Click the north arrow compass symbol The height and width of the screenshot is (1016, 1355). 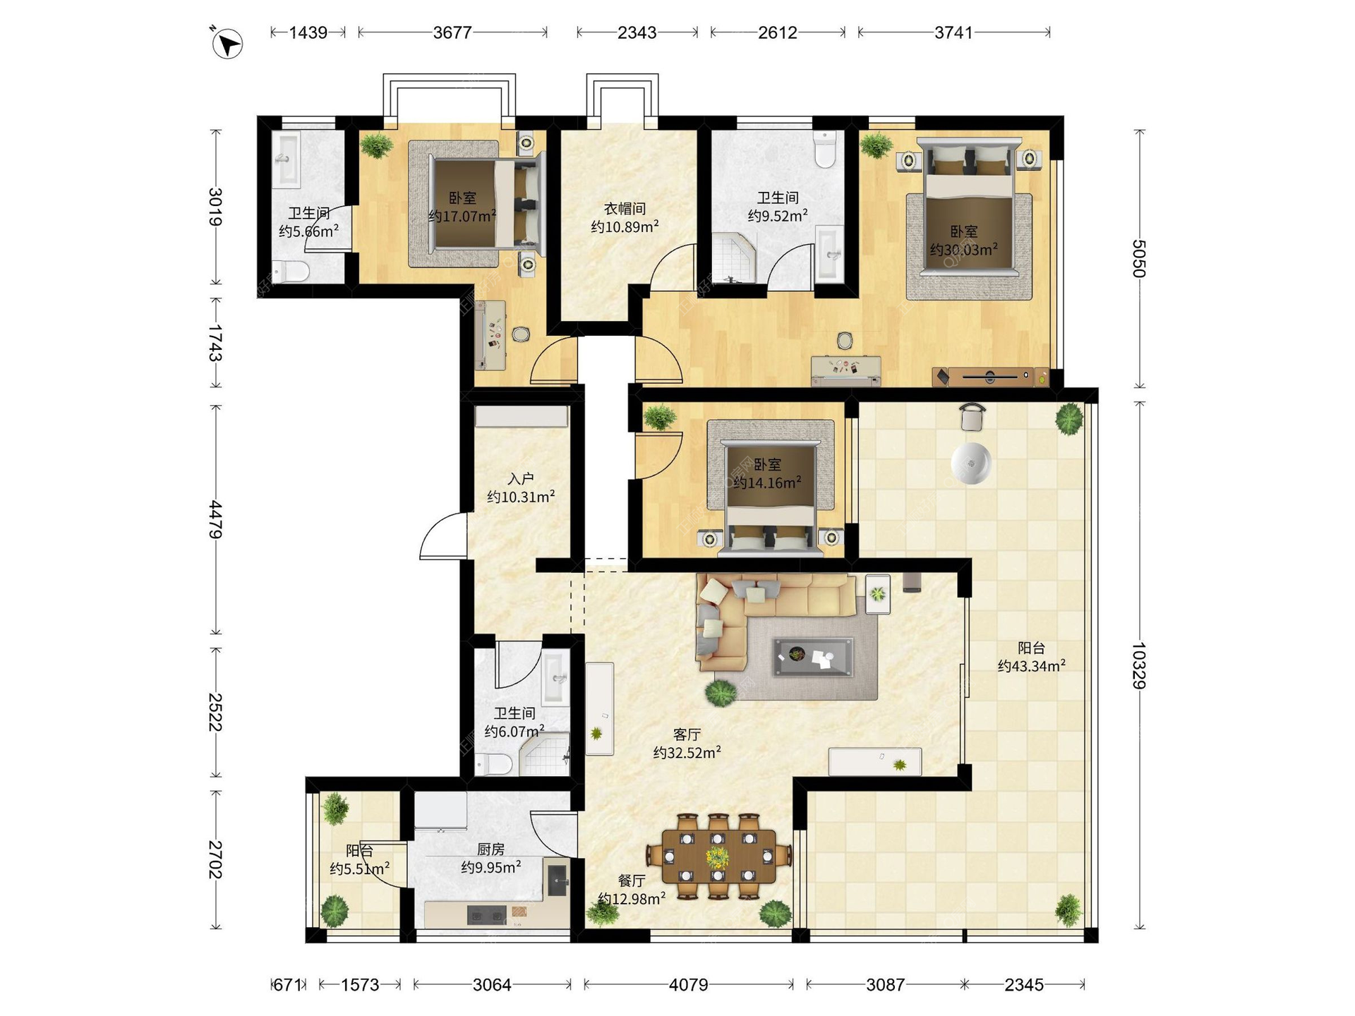(227, 43)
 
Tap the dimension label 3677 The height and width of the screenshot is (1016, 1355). (452, 32)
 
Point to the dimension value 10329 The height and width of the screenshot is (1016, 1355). (1138, 665)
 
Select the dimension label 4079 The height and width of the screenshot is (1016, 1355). (688, 984)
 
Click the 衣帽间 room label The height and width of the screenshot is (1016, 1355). (625, 209)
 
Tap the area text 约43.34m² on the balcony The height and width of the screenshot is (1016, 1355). (1031, 665)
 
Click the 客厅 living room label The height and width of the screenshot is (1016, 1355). (687, 734)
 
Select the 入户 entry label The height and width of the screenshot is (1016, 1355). (521, 478)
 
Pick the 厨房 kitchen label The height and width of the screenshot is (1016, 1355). (491, 849)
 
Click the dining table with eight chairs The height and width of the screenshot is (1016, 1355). (718, 857)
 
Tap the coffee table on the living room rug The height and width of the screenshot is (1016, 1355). (812, 657)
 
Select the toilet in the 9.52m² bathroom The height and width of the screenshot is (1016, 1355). (824, 148)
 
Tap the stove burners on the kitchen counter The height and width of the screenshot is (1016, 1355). (487, 915)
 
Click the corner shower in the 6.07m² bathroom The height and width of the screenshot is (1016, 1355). (544, 754)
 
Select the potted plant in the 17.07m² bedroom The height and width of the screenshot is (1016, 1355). (376, 145)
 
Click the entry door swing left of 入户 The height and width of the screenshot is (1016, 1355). (443, 536)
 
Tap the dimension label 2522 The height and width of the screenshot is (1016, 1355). (215, 712)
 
